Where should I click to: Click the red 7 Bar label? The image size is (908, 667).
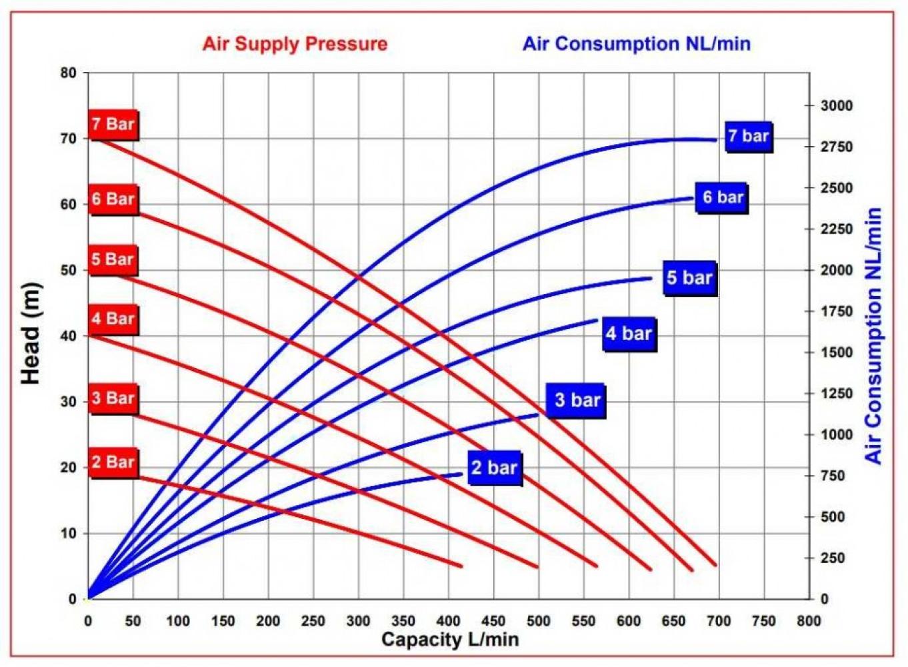click(x=113, y=124)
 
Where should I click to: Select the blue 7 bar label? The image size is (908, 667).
click(x=748, y=137)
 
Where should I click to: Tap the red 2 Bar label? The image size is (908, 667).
click(x=113, y=462)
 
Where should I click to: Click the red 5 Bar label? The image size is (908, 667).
click(x=113, y=259)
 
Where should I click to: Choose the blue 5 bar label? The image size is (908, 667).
click(x=689, y=278)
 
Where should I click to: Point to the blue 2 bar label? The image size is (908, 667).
click(x=494, y=468)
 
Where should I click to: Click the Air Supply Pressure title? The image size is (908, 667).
click(x=295, y=44)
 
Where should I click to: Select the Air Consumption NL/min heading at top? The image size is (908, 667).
click(x=636, y=44)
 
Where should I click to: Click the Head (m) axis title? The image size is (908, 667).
click(x=31, y=333)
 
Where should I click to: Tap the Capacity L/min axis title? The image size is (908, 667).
click(x=449, y=639)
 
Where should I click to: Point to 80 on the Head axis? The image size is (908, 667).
click(x=69, y=73)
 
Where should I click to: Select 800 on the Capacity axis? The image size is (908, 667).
click(x=809, y=621)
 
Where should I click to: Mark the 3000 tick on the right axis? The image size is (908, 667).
click(x=836, y=105)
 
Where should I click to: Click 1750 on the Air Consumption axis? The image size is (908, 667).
click(x=836, y=311)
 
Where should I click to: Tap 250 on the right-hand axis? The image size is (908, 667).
click(x=833, y=558)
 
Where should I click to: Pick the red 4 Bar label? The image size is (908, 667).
click(x=113, y=319)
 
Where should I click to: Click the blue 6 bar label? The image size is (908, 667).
click(x=723, y=197)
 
